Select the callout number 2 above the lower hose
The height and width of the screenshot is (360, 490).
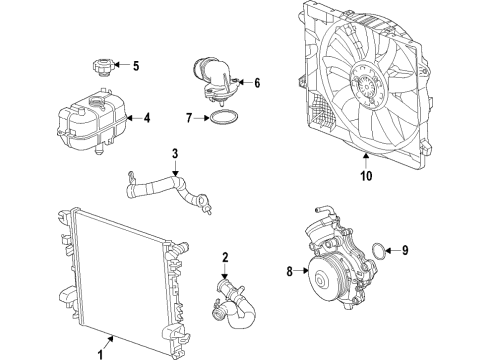coord(226,258)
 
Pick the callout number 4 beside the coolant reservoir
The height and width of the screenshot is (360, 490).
coord(146,118)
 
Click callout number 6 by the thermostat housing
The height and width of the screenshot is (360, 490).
coord(256,83)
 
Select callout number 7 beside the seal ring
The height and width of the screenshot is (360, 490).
coord(188,118)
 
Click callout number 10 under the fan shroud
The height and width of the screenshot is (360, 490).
coord(366,178)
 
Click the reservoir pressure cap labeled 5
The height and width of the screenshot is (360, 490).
coord(100,67)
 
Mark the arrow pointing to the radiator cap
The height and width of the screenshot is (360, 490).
coord(120,66)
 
